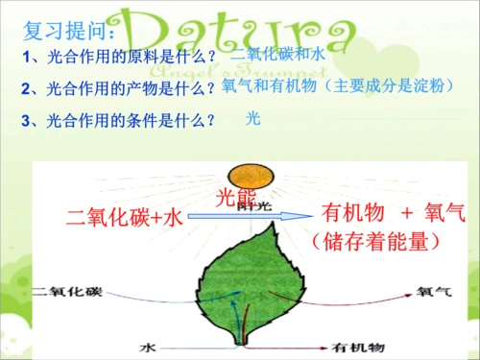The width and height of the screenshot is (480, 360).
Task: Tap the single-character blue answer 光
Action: click(x=253, y=119)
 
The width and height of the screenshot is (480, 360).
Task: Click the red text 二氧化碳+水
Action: click(x=124, y=218)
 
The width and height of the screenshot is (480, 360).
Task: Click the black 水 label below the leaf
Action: click(x=146, y=343)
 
